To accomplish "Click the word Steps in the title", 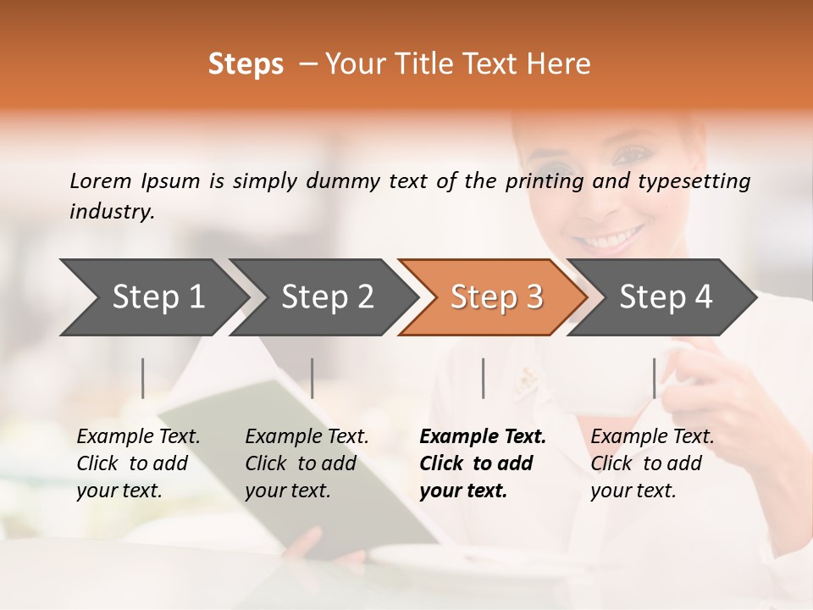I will coord(246,64).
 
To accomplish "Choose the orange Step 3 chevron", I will coord(494,297).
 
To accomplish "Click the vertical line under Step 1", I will coord(143,378).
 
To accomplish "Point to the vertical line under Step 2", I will coord(312,378).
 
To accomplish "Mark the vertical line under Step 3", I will coord(484,378).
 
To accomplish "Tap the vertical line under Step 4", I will coord(655,378).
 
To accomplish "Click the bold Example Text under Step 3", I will coord(483,463).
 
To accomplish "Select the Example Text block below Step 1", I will coord(138,463).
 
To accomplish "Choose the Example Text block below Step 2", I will coord(307,463).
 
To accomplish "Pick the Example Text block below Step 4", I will coord(652,463).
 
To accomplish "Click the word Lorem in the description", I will coord(100,181).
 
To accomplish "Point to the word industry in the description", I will coord(112,212).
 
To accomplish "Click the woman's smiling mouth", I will coord(612,237).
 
